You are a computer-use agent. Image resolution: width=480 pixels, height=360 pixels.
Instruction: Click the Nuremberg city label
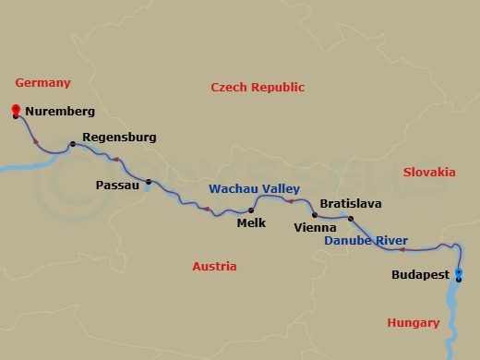click(60, 112)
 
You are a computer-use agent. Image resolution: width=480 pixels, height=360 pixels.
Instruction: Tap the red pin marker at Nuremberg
click(16, 112)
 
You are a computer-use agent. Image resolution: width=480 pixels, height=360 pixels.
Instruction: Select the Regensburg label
click(119, 138)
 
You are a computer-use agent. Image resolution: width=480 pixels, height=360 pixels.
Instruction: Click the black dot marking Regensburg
click(72, 144)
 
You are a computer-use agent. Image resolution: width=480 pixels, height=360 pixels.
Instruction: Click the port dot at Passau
click(149, 181)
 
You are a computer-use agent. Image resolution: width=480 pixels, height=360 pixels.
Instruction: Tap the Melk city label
click(251, 222)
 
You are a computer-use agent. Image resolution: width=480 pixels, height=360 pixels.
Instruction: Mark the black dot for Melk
click(251, 210)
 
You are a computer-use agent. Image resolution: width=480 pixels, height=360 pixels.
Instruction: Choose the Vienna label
click(314, 226)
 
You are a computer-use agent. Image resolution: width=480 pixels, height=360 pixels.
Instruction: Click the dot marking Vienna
click(315, 215)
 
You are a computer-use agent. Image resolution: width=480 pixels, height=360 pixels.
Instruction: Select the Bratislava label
click(350, 203)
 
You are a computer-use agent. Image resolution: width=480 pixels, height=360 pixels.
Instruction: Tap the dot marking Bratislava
click(351, 219)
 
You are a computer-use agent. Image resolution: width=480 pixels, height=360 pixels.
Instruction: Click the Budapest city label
click(420, 275)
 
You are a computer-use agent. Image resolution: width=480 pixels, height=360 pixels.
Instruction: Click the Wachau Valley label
click(254, 188)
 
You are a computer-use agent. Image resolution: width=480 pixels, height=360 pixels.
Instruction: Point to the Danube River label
click(366, 241)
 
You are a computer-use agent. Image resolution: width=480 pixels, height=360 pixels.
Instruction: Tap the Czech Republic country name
click(258, 88)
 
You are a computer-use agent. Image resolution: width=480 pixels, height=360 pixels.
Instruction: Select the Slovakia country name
click(429, 172)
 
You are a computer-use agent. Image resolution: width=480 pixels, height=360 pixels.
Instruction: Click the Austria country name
click(214, 266)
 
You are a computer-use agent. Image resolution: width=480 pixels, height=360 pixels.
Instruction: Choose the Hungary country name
click(413, 322)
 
